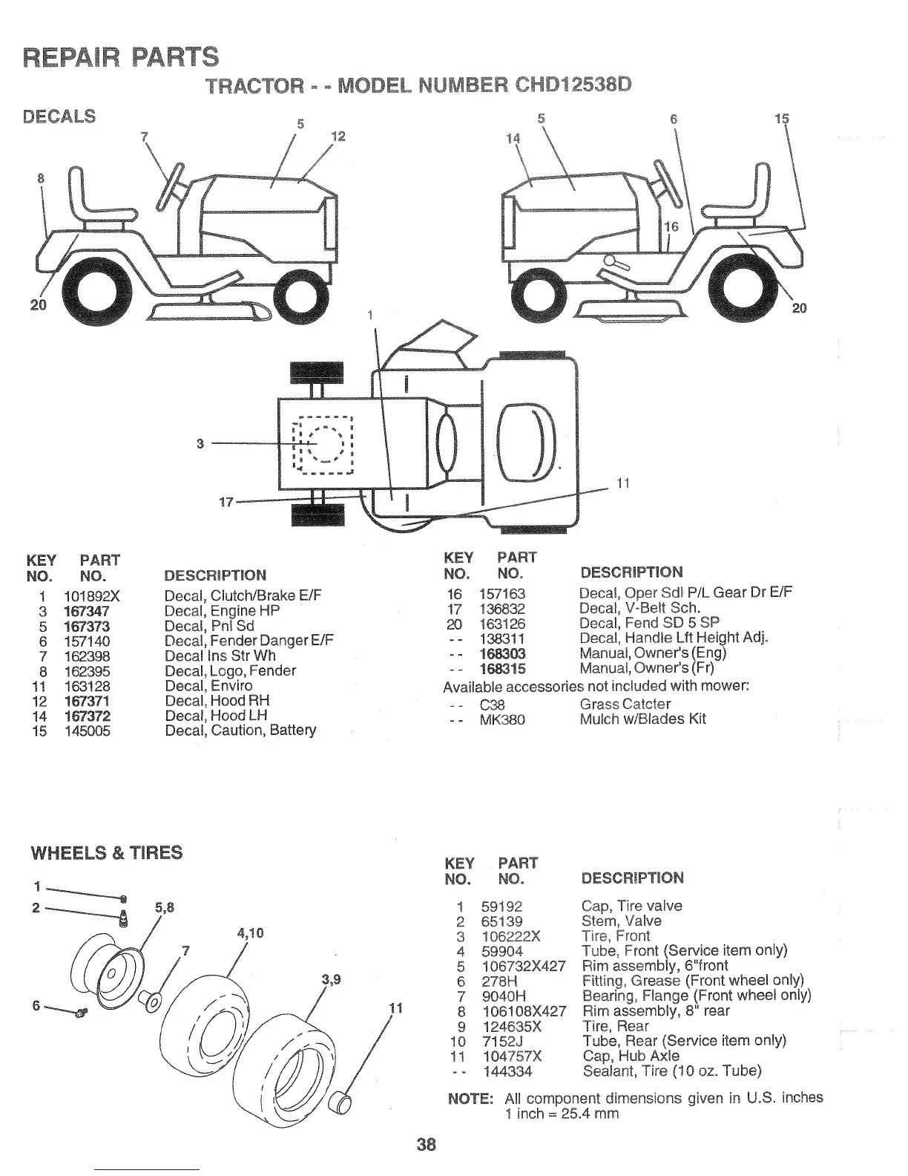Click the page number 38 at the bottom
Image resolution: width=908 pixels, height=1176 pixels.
point(426,1144)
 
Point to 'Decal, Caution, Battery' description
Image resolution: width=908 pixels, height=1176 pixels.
point(240,731)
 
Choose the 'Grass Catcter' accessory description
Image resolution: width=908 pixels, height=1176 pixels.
point(625,704)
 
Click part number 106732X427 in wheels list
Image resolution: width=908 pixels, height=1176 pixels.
point(523,966)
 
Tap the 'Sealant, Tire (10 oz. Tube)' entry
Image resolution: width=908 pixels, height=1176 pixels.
point(672,1071)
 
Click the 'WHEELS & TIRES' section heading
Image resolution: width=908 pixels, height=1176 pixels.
point(106,852)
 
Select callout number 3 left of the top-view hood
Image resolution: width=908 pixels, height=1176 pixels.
point(200,444)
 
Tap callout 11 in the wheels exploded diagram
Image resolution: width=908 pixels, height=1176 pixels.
point(395,1008)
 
